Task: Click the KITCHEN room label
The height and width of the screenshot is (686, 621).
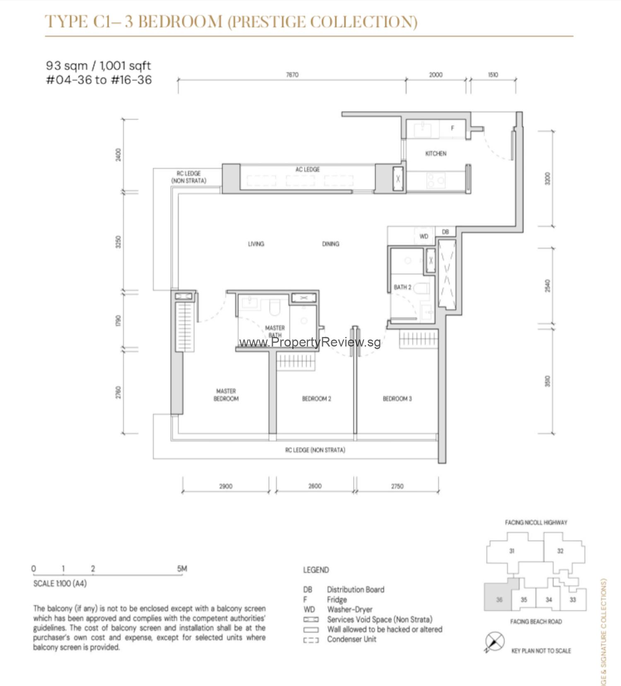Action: click(436, 154)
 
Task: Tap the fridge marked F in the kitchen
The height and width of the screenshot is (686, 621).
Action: click(452, 128)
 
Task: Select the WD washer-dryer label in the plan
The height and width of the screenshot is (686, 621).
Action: click(424, 236)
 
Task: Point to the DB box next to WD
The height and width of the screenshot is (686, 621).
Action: click(445, 232)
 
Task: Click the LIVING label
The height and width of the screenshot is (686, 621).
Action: click(256, 244)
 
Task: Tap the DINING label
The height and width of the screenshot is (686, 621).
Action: click(330, 244)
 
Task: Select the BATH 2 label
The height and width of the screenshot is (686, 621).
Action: click(402, 287)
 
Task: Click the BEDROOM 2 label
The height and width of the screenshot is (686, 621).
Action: click(316, 399)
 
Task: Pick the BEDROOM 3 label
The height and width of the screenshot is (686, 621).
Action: click(397, 399)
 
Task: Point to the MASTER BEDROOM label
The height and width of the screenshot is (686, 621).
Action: click(226, 395)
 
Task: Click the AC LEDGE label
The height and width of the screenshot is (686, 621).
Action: click(307, 169)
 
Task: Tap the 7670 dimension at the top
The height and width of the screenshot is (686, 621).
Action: click(292, 75)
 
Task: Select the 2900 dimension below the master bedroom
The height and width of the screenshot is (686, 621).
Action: click(226, 486)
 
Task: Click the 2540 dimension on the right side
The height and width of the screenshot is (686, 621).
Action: click(548, 286)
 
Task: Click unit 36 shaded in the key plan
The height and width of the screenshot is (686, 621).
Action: click(499, 599)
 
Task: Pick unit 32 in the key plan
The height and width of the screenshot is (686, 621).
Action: click(560, 551)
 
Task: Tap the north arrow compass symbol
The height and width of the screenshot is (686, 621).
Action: click(494, 642)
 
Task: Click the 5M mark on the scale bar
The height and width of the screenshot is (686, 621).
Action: click(182, 569)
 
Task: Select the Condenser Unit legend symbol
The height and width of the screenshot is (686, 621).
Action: click(311, 640)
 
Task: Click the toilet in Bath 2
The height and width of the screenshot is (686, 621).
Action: click(421, 288)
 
